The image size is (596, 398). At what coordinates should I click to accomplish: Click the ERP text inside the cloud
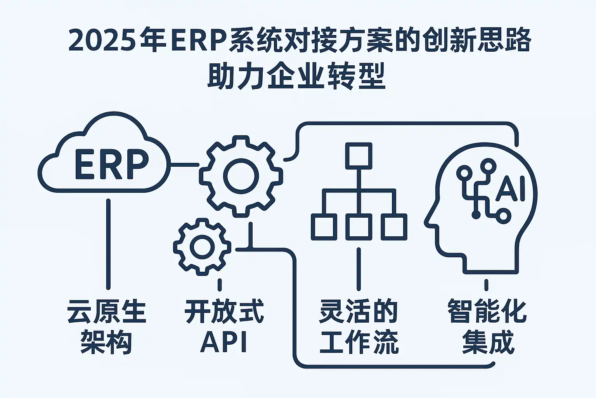click(111, 165)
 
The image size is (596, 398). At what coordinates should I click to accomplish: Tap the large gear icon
click(241, 176)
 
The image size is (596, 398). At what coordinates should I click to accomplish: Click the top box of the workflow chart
click(359, 155)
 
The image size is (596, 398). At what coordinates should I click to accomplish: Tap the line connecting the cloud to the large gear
click(185, 165)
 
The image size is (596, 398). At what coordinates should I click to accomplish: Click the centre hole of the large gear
click(241, 176)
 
